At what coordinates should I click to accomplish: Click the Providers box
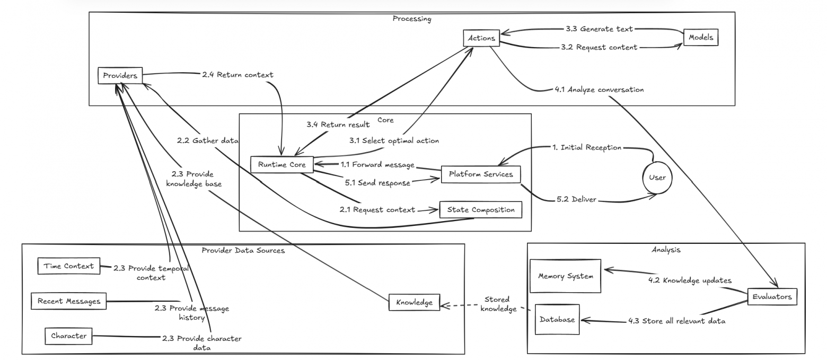pos(120,76)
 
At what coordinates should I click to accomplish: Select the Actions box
pos(481,38)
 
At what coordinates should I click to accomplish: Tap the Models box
pos(700,38)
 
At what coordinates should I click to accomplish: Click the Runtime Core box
pos(281,164)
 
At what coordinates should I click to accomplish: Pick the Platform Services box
pos(480,174)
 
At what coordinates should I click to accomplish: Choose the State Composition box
pos(480,209)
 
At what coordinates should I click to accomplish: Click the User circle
pos(657,178)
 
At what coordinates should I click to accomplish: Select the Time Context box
pos(68,266)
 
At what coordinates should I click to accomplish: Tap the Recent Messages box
pos(68,301)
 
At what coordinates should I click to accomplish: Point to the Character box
pos(68,336)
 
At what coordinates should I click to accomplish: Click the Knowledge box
pos(414,302)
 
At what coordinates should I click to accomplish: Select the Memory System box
pos(565,276)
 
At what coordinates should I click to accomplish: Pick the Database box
pos(557,319)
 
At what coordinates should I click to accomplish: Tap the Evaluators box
pos(772,297)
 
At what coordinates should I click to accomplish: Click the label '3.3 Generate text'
pos(606,29)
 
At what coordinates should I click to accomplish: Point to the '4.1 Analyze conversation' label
pos(599,90)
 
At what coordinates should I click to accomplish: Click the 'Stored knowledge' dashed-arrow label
pos(498,304)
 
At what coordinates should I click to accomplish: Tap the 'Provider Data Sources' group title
pos(243,250)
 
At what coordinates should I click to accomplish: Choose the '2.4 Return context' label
pos(237,75)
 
